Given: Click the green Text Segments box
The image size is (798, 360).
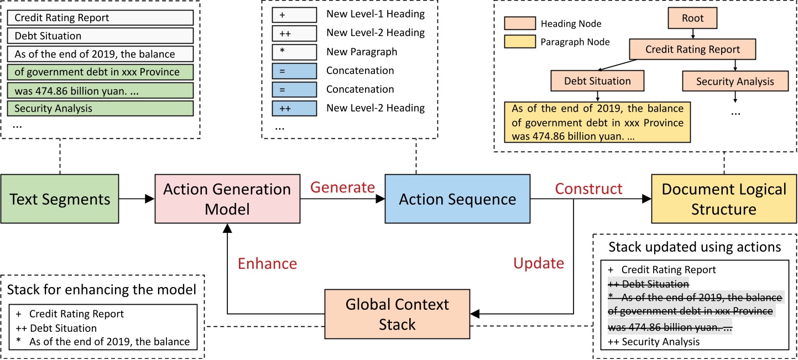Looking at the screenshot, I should [x=60, y=199].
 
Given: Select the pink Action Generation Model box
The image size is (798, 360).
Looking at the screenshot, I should [x=227, y=199].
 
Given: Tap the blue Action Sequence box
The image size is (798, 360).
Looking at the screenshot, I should [x=457, y=199].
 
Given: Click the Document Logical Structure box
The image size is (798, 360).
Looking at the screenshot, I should [x=724, y=199].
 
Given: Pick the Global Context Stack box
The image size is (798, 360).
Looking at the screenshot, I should [x=397, y=314].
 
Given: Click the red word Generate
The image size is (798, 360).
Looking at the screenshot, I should [x=342, y=187].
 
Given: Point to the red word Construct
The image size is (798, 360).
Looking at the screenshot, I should [x=588, y=189].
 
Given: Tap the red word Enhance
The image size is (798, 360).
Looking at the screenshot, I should [x=267, y=264].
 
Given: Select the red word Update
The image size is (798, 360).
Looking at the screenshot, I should [x=539, y=263].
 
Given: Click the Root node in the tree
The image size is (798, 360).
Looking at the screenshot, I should [x=692, y=18].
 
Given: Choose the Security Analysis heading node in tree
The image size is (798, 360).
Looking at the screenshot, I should [x=735, y=81].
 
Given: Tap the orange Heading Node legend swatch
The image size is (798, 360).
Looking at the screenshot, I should [x=520, y=24].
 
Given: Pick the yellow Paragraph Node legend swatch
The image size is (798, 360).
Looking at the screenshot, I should [x=520, y=41].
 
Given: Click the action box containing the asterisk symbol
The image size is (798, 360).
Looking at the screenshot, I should [x=294, y=52].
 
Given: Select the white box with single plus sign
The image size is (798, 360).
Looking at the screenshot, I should [x=294, y=14].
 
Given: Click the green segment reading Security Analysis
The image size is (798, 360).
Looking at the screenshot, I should [x=101, y=108].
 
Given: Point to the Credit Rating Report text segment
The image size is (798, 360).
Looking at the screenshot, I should [x=101, y=18].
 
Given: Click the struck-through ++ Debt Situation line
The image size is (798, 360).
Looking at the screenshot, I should [x=648, y=284].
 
